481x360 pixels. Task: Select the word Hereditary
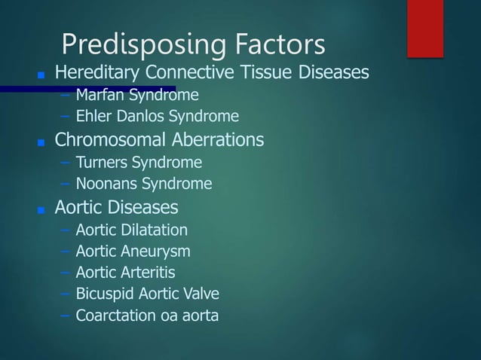97,74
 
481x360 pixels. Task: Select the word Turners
102,162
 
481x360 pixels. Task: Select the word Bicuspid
104,294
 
